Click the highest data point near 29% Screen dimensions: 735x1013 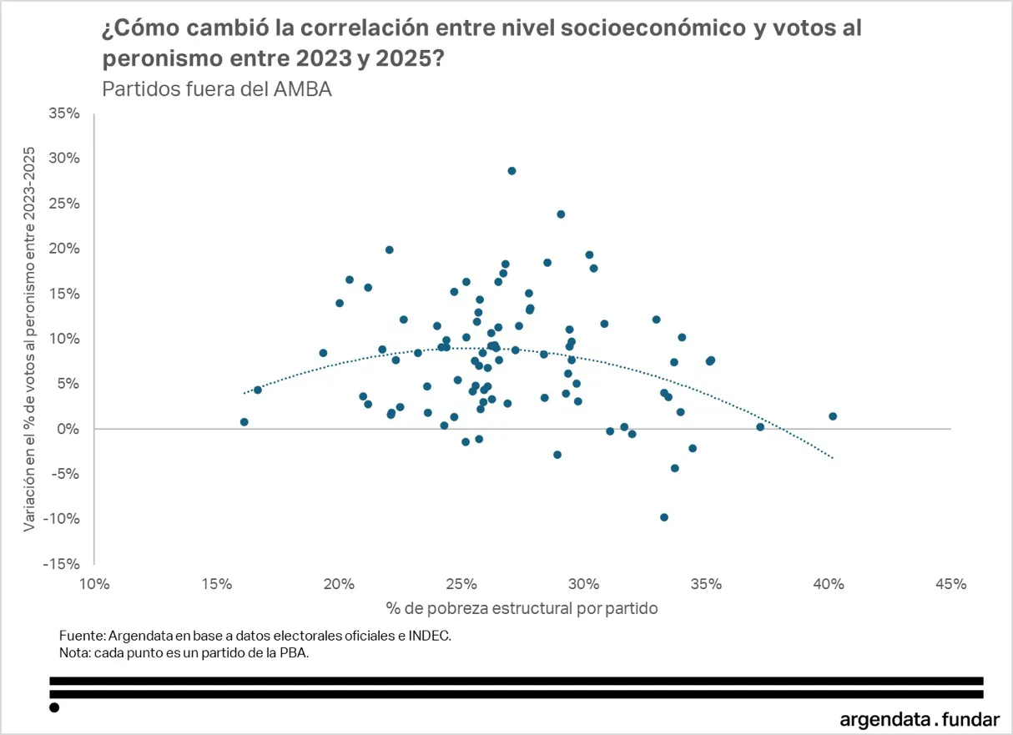[x=512, y=171]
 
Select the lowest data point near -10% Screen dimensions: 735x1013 [x=664, y=517]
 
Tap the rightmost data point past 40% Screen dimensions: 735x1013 [x=833, y=416]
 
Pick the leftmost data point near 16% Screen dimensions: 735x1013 [x=244, y=422]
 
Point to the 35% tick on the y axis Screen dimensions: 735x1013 [x=64, y=113]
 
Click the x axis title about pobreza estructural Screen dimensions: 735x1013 [x=522, y=608]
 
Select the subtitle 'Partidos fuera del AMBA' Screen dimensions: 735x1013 [x=216, y=89]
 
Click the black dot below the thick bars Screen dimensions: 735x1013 [x=54, y=707]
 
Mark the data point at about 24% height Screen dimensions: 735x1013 [x=561, y=214]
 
